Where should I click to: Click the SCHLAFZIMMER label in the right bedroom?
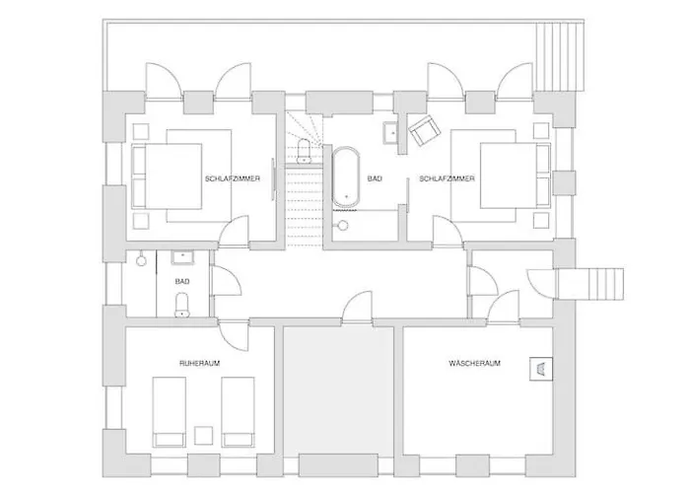coord(448,178)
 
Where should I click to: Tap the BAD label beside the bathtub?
coord(374,178)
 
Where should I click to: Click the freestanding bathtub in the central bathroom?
coord(347,178)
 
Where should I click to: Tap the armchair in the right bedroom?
coord(424,131)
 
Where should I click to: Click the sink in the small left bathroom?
coord(182,259)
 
